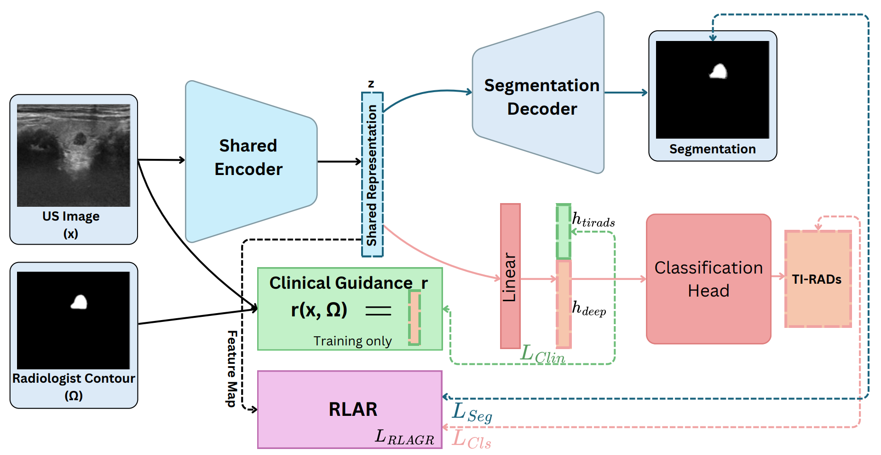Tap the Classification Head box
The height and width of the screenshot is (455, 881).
pos(708,279)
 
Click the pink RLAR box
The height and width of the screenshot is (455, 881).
pos(350,409)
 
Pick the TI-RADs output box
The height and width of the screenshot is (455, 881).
pos(818,279)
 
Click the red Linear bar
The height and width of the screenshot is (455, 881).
pos(510,276)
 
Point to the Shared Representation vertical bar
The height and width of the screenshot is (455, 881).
pos(372,175)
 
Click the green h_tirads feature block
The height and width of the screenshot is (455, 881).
pos(563,231)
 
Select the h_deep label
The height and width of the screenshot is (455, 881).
pos(589,309)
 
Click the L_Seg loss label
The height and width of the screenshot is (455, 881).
pos(472,412)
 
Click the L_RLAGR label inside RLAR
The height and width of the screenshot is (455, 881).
pos(404,437)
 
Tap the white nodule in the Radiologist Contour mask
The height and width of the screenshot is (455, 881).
pos(79,302)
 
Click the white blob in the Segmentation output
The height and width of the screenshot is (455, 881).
pos(718,71)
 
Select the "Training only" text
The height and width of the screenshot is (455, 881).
pos(352,341)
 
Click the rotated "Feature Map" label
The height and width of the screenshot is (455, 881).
pos(232,368)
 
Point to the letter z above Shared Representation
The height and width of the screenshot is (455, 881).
pos(371,84)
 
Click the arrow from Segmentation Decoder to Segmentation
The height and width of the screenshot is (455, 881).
pos(626,93)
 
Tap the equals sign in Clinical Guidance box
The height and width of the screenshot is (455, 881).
pos(378,311)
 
